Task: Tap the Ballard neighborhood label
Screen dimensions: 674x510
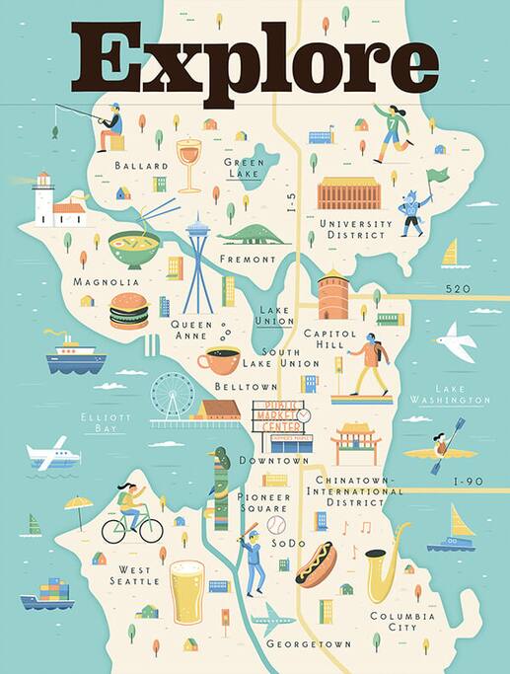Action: coord(135,166)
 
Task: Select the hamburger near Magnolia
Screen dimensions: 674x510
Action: coord(128,311)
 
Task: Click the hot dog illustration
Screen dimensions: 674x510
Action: coord(317,563)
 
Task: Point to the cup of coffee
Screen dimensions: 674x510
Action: coord(218,360)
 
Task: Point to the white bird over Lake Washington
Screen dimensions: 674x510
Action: coord(456,342)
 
